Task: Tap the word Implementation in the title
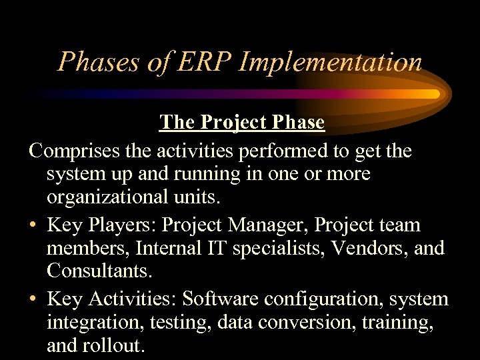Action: [x=331, y=62]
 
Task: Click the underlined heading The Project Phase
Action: [x=242, y=123]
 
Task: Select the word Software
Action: [x=219, y=299]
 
